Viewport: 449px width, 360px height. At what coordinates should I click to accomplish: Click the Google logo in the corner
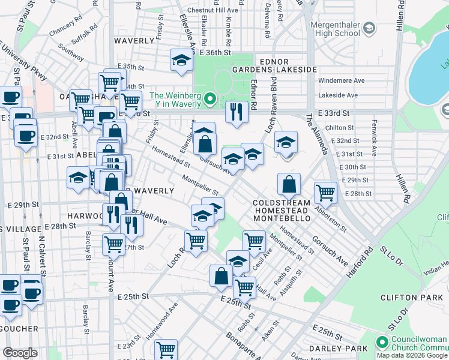20,353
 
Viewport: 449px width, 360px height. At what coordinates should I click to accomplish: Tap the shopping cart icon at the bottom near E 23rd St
166,349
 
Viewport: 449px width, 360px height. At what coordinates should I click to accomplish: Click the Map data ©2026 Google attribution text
412,355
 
